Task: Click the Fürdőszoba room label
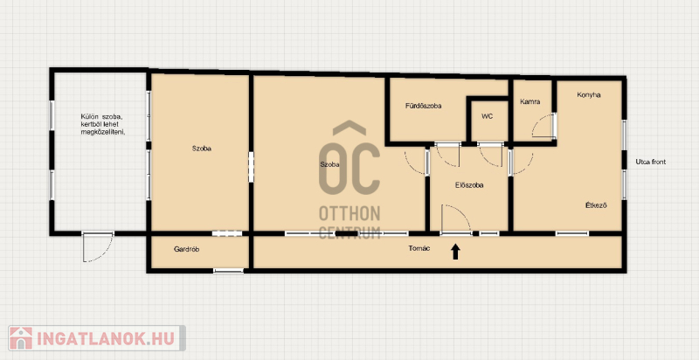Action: click(423, 106)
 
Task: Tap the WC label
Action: click(488, 116)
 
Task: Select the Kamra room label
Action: click(530, 101)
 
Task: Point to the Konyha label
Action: click(588, 95)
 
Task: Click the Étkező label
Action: click(596, 205)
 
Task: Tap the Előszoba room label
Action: click(469, 185)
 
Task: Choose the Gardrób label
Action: click(186, 250)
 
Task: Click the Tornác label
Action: click(419, 249)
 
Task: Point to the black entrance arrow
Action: click(455, 252)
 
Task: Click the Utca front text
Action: click(650, 162)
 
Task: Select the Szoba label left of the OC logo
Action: click(329, 164)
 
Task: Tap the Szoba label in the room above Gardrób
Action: click(202, 149)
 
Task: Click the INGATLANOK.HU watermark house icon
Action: click(21, 338)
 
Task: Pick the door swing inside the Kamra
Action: click(543, 126)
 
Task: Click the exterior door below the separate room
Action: click(98, 246)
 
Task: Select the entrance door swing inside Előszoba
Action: click(455, 218)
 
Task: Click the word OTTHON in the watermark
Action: click(349, 214)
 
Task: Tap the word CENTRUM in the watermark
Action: click(349, 232)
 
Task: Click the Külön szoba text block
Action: click(101, 124)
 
